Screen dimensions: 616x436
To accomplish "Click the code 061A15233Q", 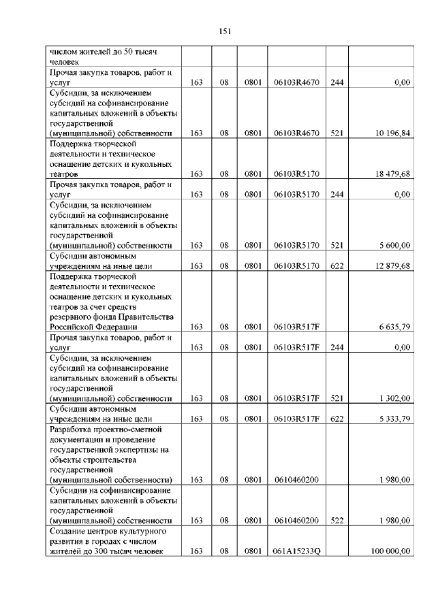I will [296, 551].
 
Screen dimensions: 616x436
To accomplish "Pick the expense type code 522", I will [336, 521].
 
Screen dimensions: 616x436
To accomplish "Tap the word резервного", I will [74, 317].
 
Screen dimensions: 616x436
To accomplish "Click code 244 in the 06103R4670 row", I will [336, 82].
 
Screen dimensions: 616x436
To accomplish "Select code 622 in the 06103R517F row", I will [336, 419].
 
